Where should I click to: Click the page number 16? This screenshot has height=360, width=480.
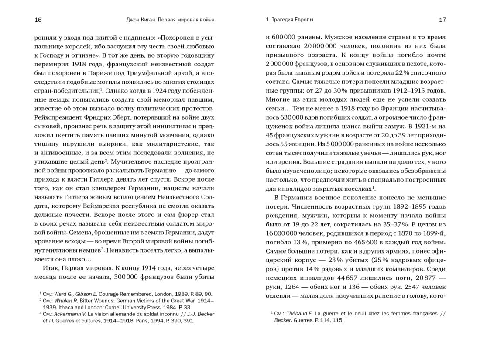tap(38, 20)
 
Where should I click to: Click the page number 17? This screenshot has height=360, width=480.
tap(442, 20)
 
